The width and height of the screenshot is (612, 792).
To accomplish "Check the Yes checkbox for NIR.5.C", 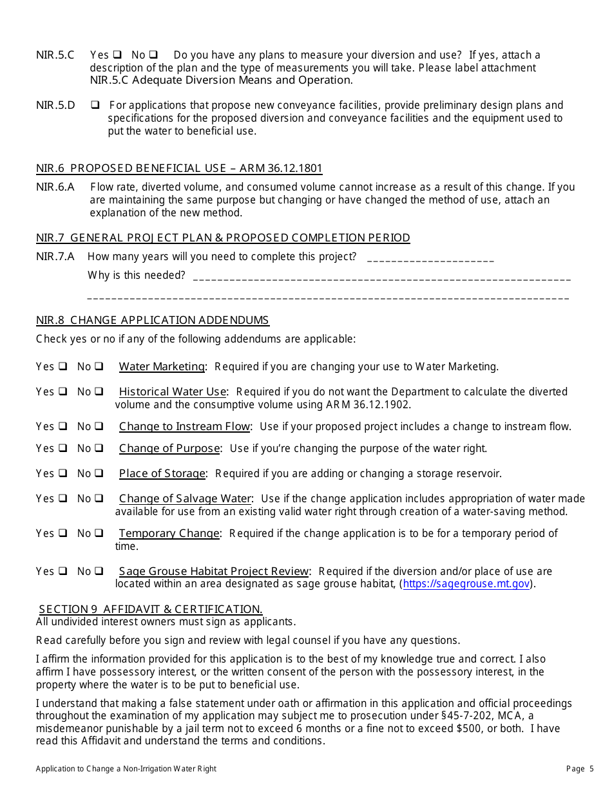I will click(x=117, y=55).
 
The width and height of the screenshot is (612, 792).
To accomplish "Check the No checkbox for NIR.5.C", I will click(x=155, y=55).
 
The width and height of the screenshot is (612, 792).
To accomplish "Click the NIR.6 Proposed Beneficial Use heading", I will click(x=179, y=169).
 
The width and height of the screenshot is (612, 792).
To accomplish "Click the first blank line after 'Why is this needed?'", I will click(x=381, y=277).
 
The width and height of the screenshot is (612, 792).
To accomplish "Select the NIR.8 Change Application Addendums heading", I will click(x=153, y=321).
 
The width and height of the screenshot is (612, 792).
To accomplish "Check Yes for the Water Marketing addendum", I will click(x=63, y=366).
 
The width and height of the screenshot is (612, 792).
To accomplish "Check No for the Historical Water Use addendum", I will click(x=99, y=391).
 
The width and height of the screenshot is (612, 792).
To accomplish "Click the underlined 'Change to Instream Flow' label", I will click(x=184, y=427).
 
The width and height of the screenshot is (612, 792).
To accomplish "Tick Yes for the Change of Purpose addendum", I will click(x=63, y=448).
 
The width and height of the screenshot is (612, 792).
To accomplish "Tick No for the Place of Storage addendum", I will click(x=99, y=473).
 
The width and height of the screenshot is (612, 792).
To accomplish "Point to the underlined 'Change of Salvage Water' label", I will click(x=185, y=499).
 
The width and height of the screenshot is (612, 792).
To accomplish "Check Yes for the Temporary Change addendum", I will click(x=63, y=533).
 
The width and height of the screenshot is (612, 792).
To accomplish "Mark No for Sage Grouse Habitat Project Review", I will click(x=99, y=571).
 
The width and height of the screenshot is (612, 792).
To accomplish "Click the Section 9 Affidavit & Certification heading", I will click(x=151, y=609).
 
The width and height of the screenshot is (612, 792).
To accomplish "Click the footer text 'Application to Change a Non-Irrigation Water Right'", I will click(x=126, y=769).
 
